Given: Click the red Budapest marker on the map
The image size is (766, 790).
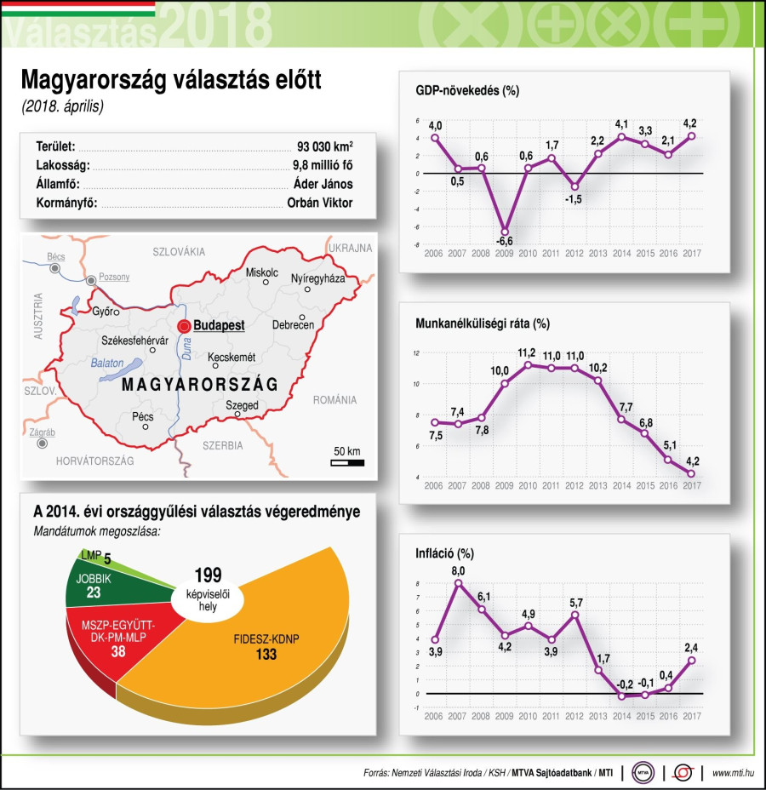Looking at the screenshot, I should click(183, 326).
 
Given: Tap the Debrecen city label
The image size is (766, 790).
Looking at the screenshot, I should click(294, 325).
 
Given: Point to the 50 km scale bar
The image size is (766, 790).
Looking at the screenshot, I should click(347, 462).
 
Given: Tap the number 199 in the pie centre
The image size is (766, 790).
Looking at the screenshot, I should click(208, 575).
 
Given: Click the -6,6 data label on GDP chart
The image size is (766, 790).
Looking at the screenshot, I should click(506, 243).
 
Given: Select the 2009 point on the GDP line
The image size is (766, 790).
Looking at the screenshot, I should click(506, 231).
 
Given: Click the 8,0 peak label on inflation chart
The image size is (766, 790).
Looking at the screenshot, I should click(458, 570).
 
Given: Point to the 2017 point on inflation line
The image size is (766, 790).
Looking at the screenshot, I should click(692, 660).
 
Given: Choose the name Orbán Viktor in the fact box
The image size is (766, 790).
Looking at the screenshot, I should click(320, 203).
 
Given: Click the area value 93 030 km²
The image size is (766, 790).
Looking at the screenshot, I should click(325, 146).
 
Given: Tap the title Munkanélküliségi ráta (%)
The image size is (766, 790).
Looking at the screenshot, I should click(483, 323).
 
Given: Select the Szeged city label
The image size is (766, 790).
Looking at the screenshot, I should click(242, 406).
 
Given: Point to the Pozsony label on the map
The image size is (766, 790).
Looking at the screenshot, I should click(115, 277).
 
